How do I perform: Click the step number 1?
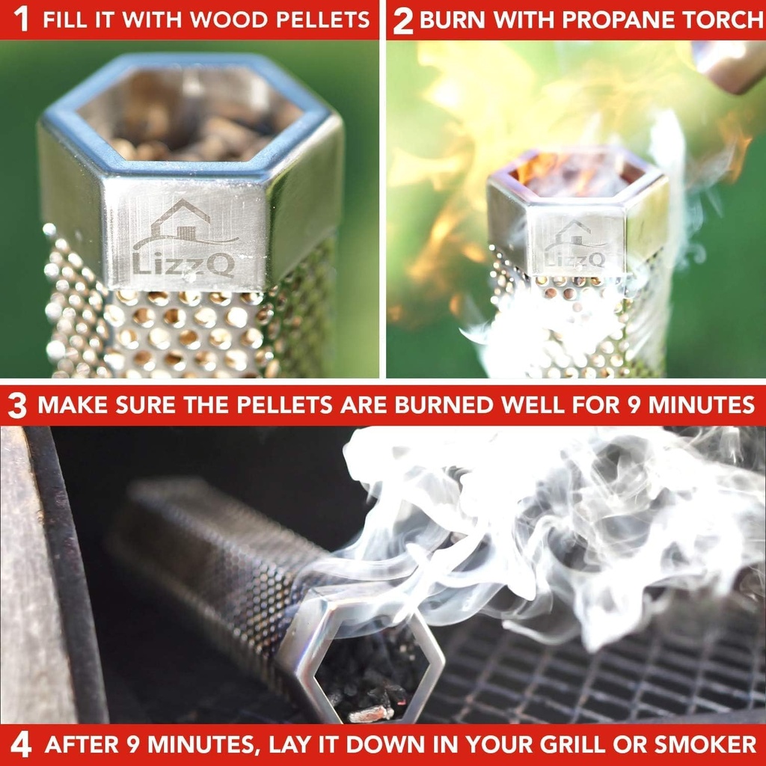(22, 19)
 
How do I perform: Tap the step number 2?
(402, 21)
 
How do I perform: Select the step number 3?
(17, 406)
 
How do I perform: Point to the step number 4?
(21, 746)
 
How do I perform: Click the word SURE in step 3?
(168, 405)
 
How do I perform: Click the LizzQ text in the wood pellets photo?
(183, 263)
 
